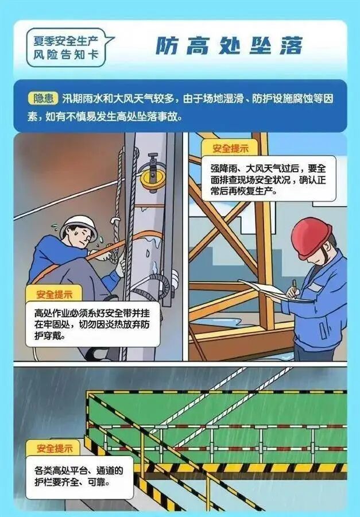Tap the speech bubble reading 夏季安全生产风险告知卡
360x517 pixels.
coord(68,47)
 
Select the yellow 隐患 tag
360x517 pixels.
coord(43,98)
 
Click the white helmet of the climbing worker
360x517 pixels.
coord(78,225)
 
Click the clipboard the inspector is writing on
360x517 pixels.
coord(270,290)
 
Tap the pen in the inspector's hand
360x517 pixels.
coord(293,285)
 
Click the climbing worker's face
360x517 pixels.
coord(84,235)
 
